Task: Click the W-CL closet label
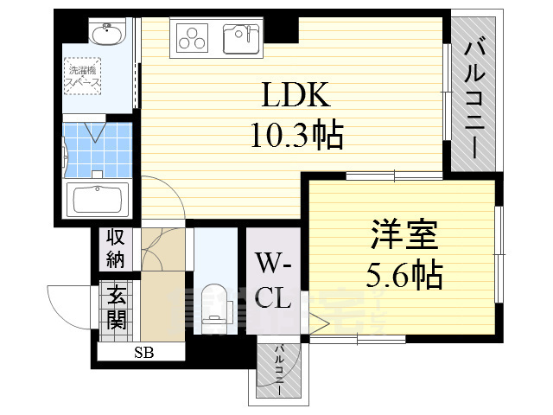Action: coord(273,280)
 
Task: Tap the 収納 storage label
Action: coord(115,247)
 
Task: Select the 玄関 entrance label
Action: coord(115,309)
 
